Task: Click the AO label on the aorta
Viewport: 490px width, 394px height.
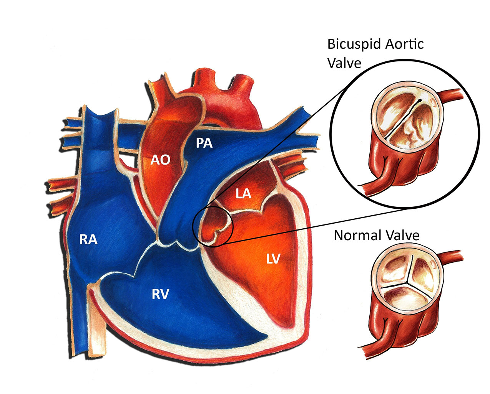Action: tap(160, 160)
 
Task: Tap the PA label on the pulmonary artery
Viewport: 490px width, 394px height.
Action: tap(204, 143)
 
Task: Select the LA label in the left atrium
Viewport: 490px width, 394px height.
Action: tap(243, 193)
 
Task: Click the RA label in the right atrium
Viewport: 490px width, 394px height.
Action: tap(88, 240)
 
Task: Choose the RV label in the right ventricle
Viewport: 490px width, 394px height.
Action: tap(160, 294)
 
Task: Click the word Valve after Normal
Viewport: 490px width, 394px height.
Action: tap(403, 235)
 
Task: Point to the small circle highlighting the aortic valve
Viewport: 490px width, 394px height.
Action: tap(213, 225)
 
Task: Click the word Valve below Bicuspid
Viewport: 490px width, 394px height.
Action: tap(344, 63)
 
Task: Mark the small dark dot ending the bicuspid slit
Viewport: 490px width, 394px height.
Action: tap(420, 100)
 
